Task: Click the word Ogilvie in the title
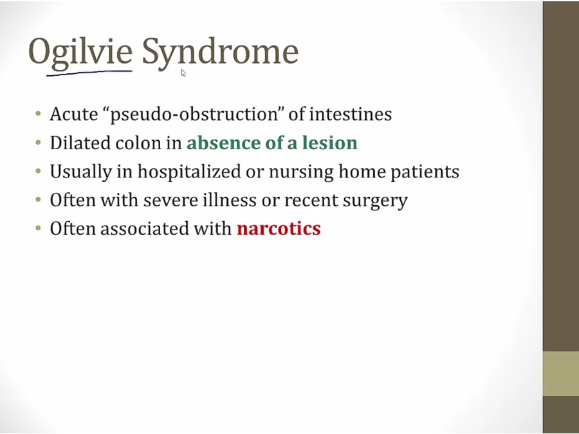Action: [x=80, y=53]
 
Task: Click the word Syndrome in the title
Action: [x=220, y=53]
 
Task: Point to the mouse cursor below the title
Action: [x=183, y=73]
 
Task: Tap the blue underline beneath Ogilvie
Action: [x=89, y=73]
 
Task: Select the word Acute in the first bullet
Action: [x=74, y=114]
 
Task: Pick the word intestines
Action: [x=351, y=114]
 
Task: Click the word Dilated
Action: [x=80, y=143]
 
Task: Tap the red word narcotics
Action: [x=279, y=228]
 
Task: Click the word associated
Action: [x=145, y=228]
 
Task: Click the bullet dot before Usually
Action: [x=39, y=171]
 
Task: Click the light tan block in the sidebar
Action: [x=561, y=374]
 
